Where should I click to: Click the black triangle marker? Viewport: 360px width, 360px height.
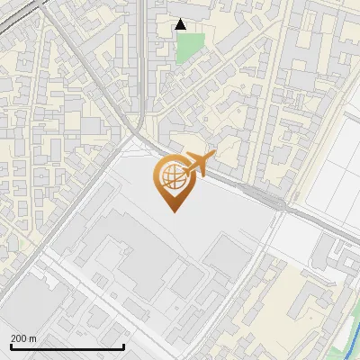181,24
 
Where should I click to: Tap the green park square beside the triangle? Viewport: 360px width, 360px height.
191,47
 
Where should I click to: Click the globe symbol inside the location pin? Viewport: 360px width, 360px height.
171,177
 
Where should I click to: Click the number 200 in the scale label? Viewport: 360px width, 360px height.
19,337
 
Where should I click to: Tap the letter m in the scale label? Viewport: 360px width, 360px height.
33,337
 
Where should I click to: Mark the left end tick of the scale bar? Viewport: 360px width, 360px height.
11,346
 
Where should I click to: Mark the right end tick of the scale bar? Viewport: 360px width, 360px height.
123,346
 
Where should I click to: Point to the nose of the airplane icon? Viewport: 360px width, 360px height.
212,157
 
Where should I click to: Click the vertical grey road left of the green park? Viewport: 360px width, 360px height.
144,54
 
